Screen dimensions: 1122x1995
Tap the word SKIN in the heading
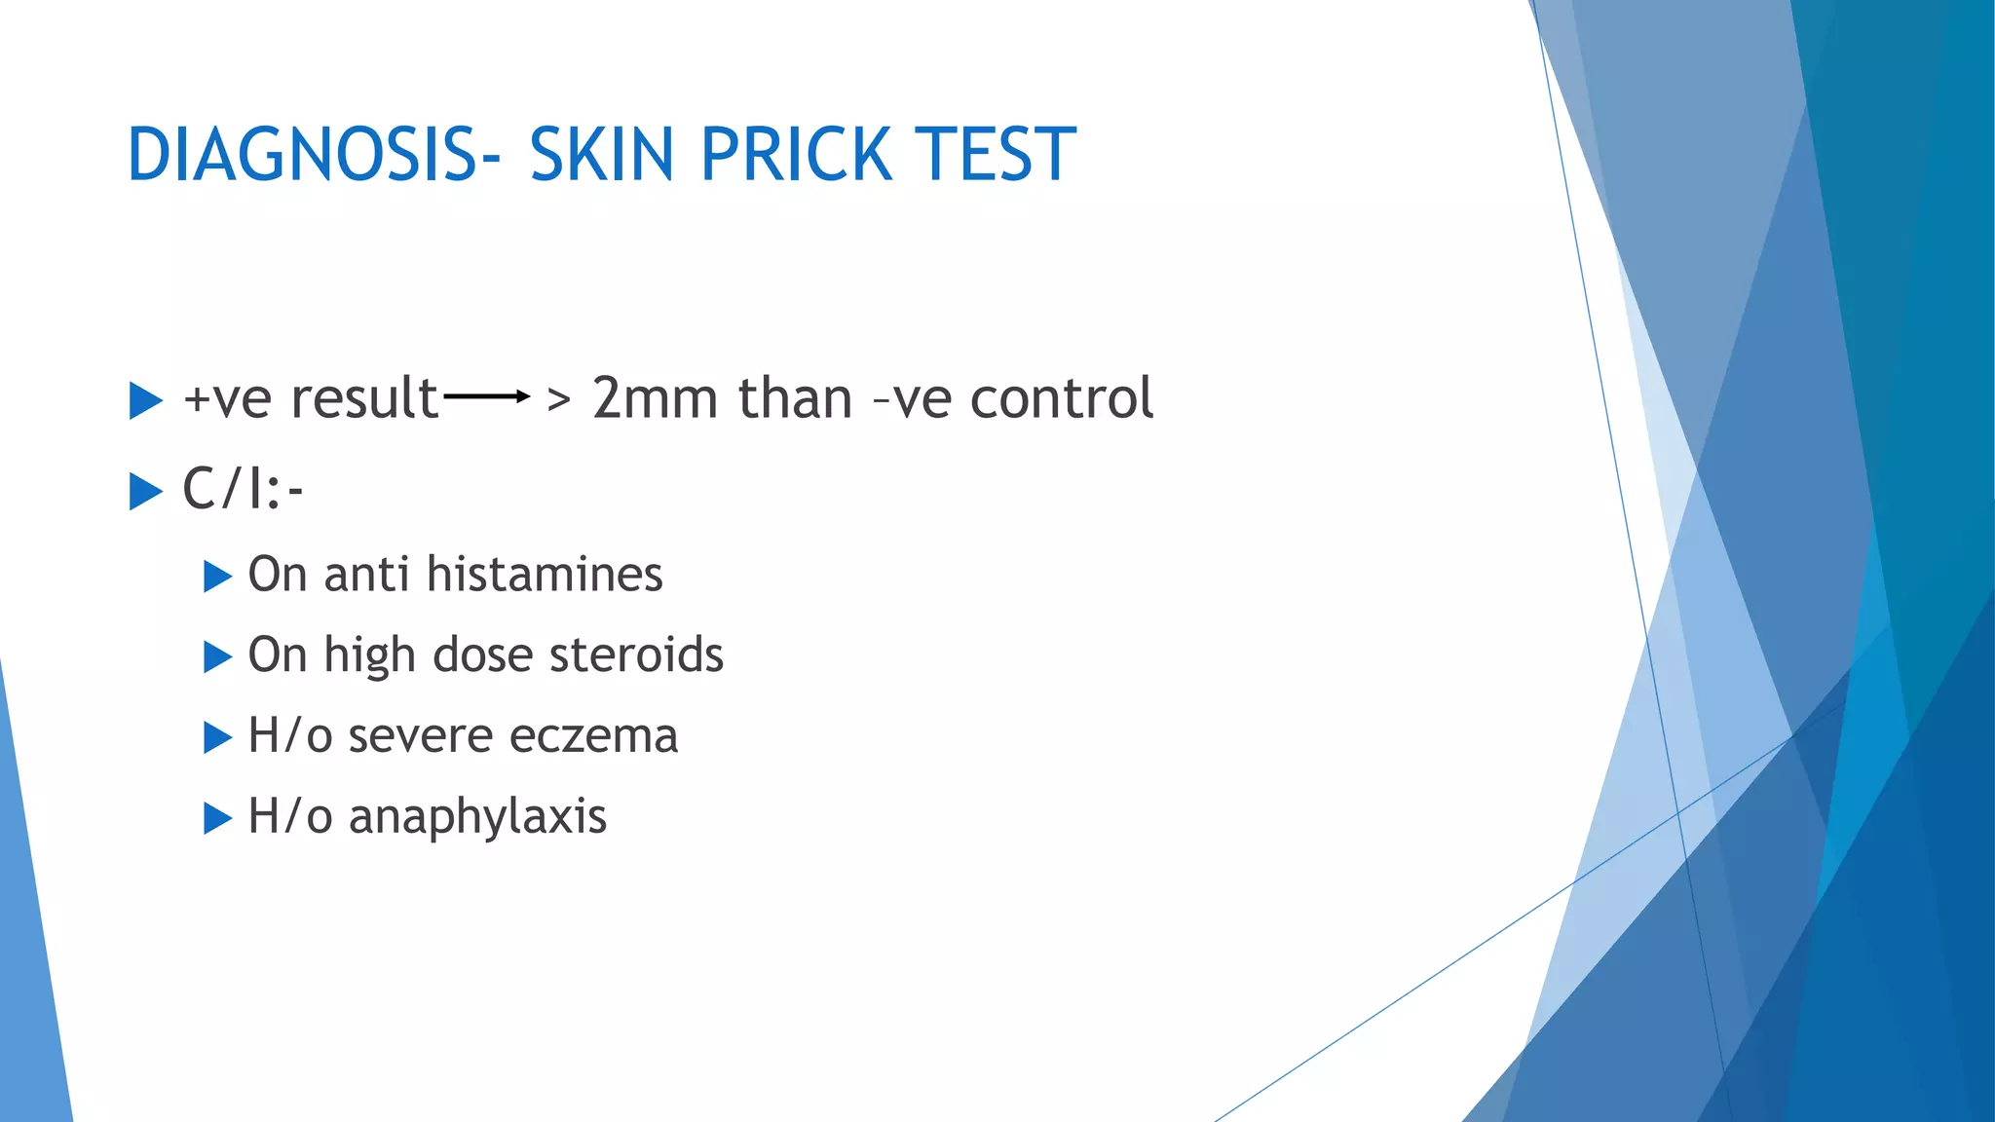click(x=601, y=155)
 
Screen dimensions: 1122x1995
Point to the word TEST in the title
click(x=997, y=155)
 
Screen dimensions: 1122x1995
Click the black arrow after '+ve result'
click(x=486, y=396)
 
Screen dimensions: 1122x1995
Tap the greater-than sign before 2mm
click(x=558, y=398)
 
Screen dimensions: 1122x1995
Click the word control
click(x=1062, y=398)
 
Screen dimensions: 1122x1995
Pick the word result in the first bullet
click(x=364, y=398)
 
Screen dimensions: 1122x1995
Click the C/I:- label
click(x=243, y=488)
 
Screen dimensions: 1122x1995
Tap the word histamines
click(x=545, y=574)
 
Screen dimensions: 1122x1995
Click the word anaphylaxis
click(x=477, y=816)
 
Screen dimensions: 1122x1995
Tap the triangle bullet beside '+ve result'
click(x=145, y=400)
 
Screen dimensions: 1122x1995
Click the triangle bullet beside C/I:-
click(x=145, y=491)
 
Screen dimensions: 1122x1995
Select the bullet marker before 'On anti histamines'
click(x=217, y=577)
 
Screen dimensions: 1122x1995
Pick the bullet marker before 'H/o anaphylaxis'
click(x=217, y=818)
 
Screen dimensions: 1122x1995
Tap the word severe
click(x=420, y=735)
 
